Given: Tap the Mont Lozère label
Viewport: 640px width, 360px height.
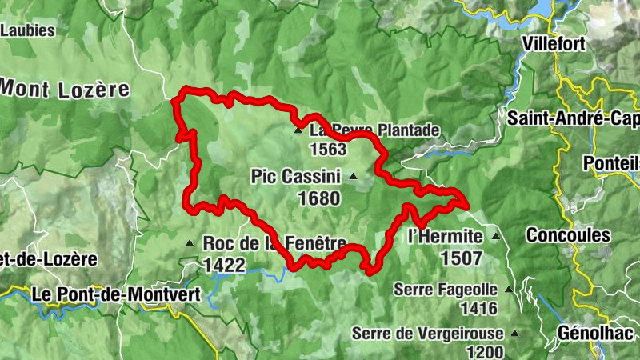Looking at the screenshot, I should click(x=65, y=88).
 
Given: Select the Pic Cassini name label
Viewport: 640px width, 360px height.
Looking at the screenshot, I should click(x=296, y=176).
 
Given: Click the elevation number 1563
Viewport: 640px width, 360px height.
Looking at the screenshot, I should click(x=328, y=150).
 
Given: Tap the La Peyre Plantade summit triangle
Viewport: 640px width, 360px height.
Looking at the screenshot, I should click(x=298, y=130).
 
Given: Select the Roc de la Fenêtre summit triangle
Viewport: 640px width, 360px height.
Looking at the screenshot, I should click(x=190, y=243).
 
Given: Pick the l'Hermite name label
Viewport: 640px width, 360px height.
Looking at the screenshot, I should click(x=446, y=237).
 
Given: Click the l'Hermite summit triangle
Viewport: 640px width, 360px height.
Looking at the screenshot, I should click(x=496, y=237).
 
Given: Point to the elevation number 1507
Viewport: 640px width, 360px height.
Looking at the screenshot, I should click(x=461, y=258).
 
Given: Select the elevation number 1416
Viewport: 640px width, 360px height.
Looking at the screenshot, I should click(x=478, y=308).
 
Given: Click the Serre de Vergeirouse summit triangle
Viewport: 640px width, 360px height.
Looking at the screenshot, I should click(x=514, y=334).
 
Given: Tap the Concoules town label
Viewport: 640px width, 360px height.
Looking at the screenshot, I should click(x=568, y=236).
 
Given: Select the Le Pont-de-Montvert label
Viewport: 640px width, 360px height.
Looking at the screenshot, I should click(x=116, y=294).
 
